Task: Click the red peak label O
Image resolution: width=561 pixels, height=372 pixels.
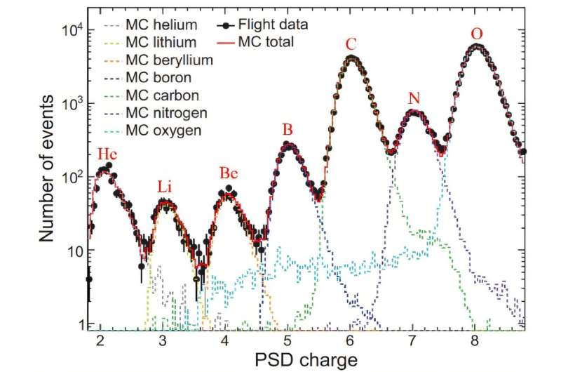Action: (478, 34)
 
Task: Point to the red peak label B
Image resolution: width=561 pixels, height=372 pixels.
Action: (287, 130)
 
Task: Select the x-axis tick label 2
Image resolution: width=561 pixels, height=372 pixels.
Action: (100, 342)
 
